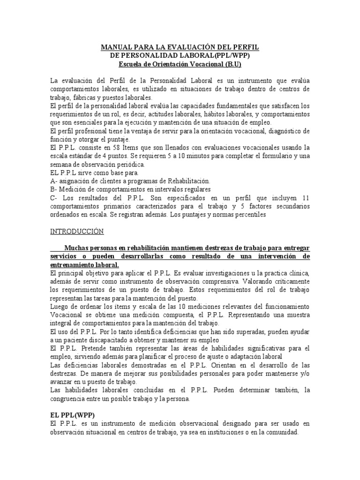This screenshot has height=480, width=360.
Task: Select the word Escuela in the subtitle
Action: click(x=132, y=64)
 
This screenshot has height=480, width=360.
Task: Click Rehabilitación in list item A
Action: click(x=187, y=181)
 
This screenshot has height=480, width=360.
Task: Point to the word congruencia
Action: click(x=69, y=399)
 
